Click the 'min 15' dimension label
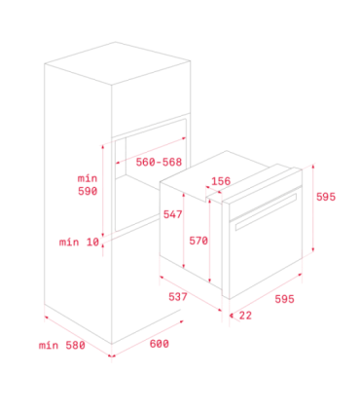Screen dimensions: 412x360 pos(80,242)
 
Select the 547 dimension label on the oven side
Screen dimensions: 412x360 pos(173,213)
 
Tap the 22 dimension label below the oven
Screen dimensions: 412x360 pos(245,315)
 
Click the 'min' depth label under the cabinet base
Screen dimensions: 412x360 pos(62,345)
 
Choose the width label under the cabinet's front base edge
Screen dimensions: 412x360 pos(159,344)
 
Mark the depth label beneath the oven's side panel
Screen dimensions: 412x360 pos(177,297)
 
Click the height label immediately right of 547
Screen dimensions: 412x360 pos(198,239)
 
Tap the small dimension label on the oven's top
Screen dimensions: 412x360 pos(221,181)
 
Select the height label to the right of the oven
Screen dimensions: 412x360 pos(326,196)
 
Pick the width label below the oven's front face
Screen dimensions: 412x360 pos(284,299)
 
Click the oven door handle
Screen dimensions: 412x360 pos(265,208)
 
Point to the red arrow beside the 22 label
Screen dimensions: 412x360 pos(232,315)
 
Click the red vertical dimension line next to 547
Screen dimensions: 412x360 pos(183,229)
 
